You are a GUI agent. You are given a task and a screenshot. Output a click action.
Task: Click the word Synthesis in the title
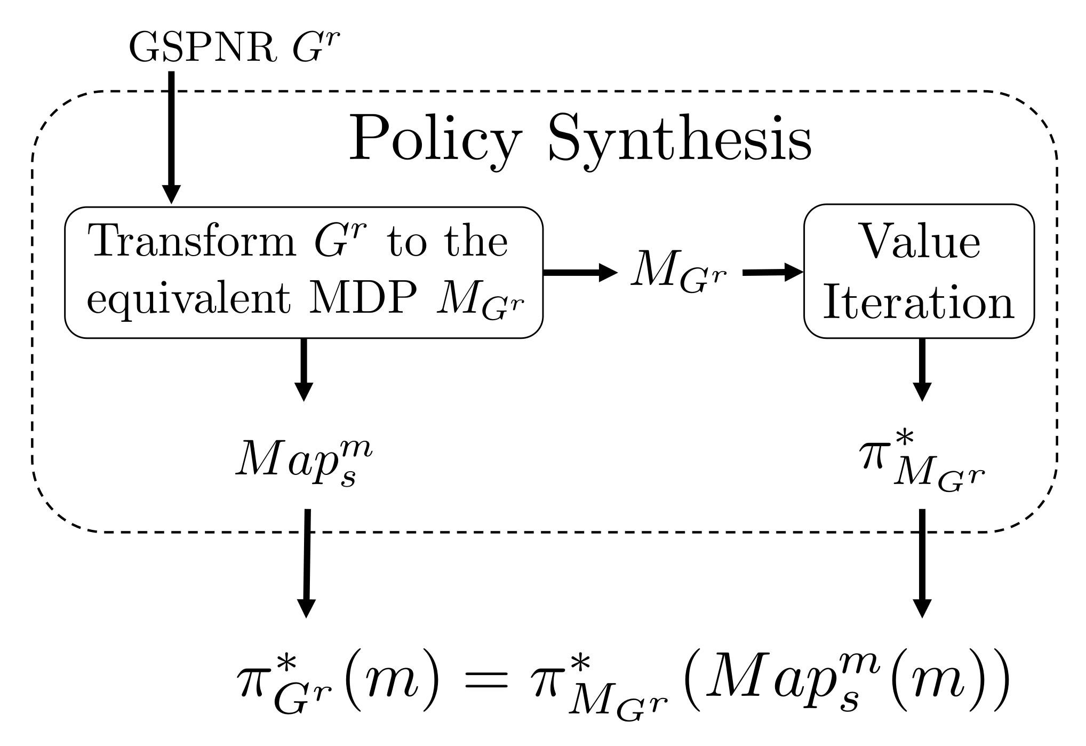(680, 140)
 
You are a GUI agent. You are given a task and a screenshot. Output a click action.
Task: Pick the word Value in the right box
(920, 242)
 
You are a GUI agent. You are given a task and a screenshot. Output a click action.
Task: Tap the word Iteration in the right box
(918, 303)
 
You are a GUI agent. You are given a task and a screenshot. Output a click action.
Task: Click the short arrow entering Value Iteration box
(773, 272)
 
